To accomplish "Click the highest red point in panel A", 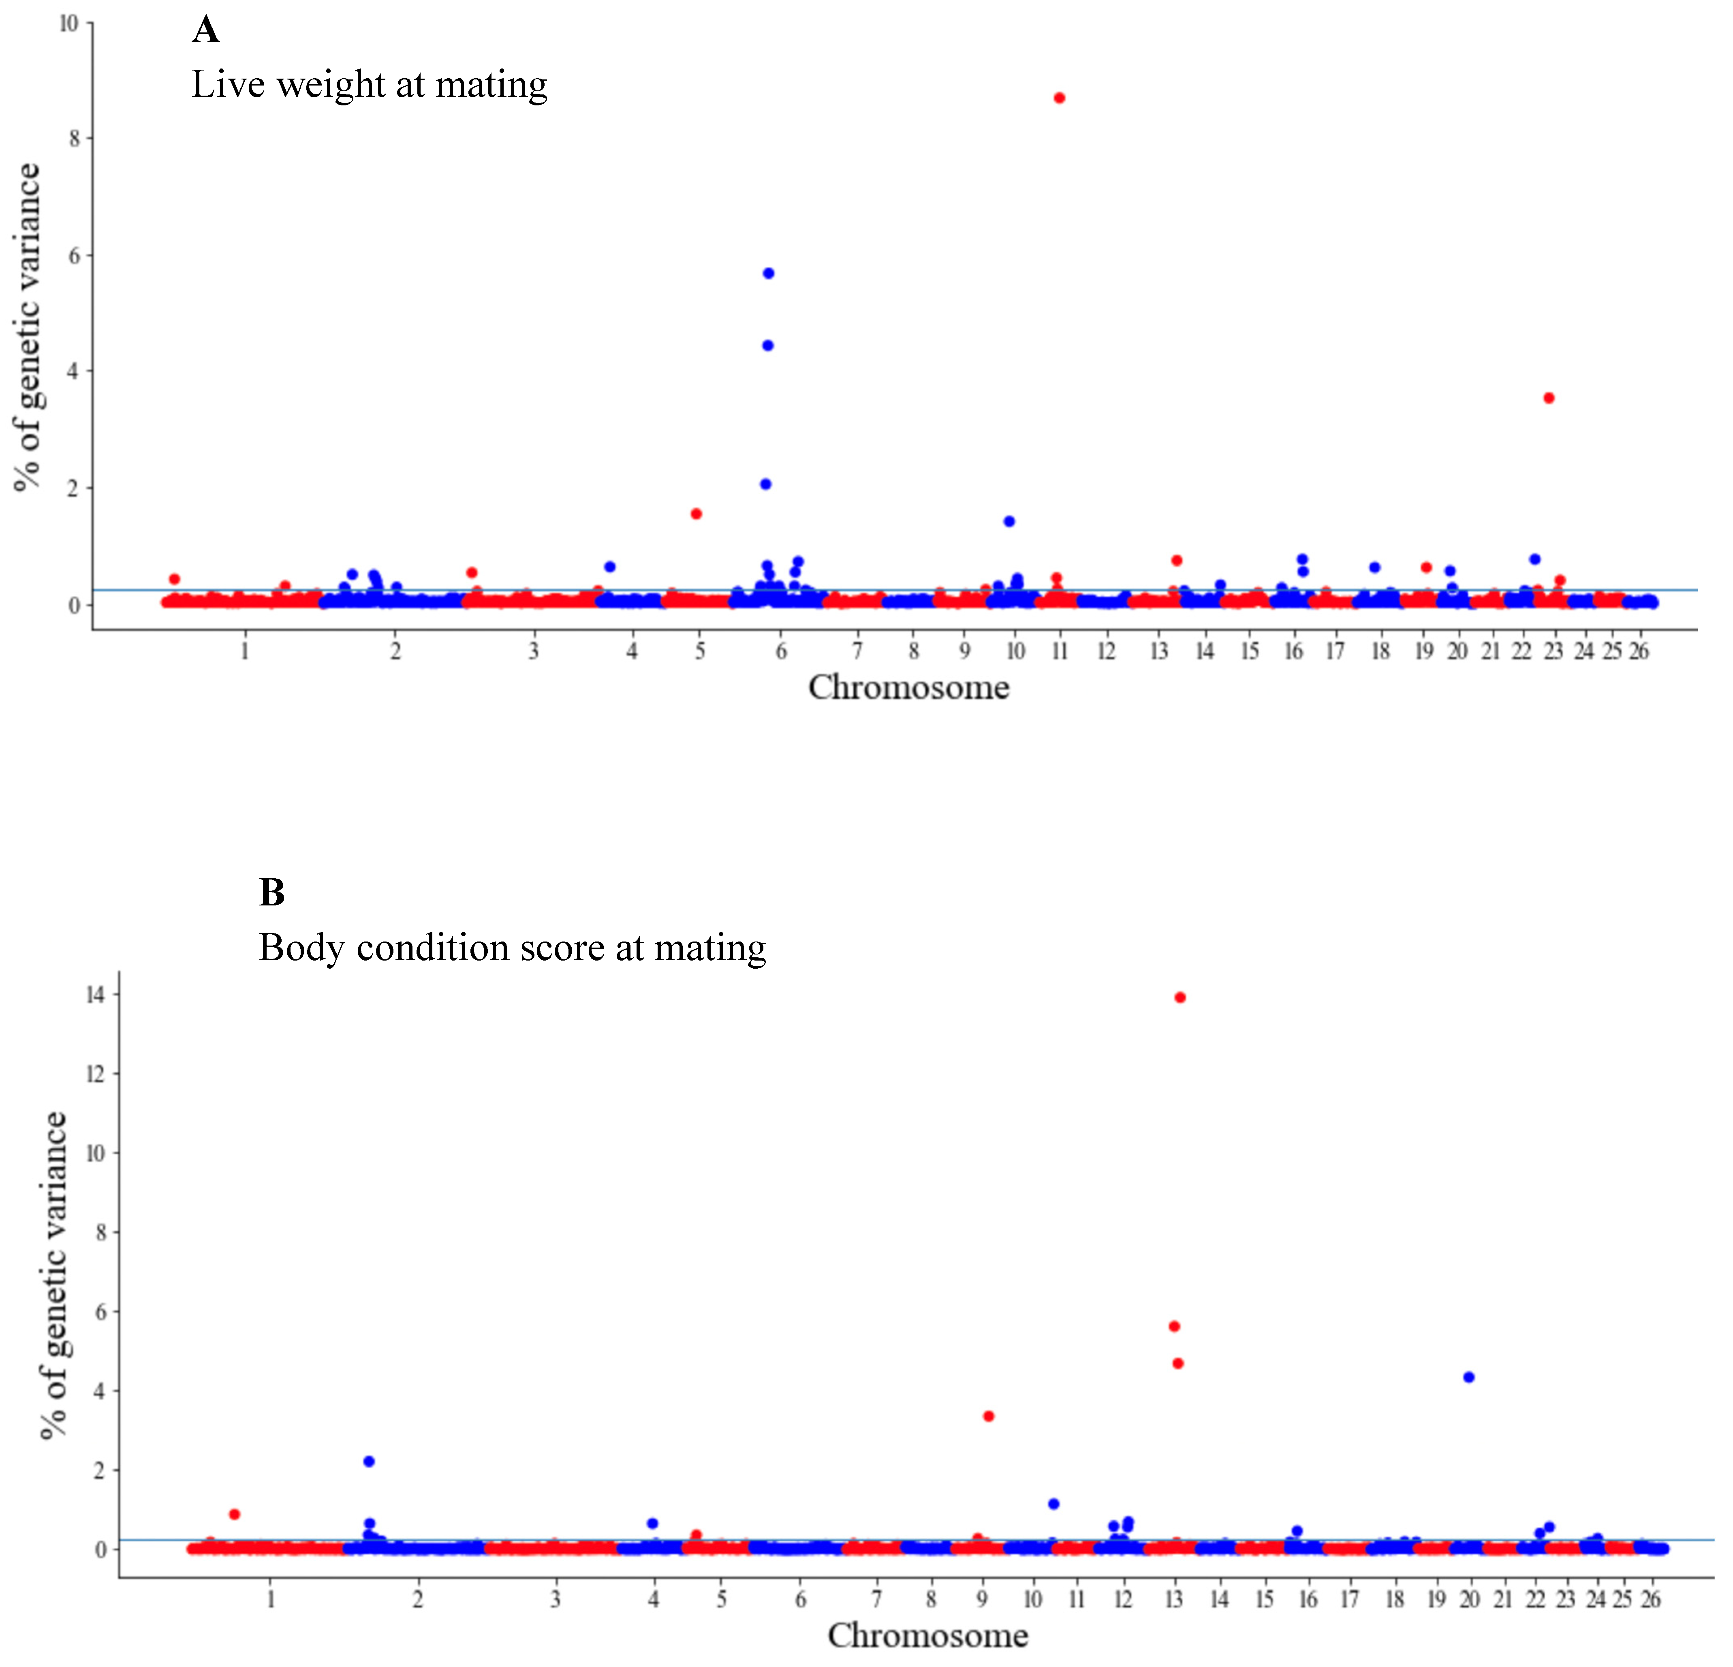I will click(x=1059, y=98).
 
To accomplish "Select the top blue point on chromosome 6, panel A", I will click(x=768, y=273).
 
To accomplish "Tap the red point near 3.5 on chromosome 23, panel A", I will click(x=1548, y=398).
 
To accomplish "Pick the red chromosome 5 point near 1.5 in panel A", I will click(x=696, y=514).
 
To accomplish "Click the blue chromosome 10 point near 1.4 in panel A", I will click(x=1009, y=522).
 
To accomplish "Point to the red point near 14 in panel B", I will click(x=1180, y=997).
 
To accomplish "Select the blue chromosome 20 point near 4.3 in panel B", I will click(x=1469, y=1377).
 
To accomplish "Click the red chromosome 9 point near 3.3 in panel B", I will click(x=989, y=1416).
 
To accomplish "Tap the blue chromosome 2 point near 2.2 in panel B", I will click(x=369, y=1461).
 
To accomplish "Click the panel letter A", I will click(x=205, y=30).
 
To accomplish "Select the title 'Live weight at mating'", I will click(x=370, y=85).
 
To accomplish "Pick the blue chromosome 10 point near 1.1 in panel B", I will click(x=1053, y=1503).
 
